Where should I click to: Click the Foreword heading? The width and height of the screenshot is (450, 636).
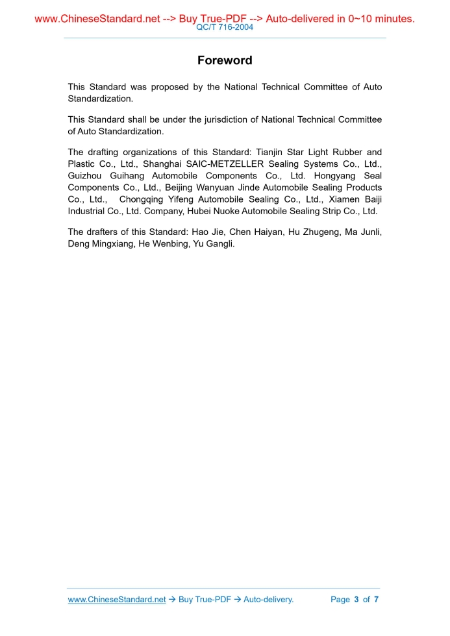(225, 61)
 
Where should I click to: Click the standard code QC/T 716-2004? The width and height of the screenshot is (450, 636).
(225, 27)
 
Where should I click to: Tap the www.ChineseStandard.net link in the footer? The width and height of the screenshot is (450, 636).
(117, 600)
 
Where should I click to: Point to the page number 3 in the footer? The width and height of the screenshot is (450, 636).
(356, 600)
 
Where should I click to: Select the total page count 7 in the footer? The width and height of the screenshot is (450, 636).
(376, 600)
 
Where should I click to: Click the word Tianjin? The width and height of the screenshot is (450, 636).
(269, 153)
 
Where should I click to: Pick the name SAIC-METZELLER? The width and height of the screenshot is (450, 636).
(220, 164)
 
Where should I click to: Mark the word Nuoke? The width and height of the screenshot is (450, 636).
(226, 211)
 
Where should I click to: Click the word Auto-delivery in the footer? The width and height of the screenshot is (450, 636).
(268, 600)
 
